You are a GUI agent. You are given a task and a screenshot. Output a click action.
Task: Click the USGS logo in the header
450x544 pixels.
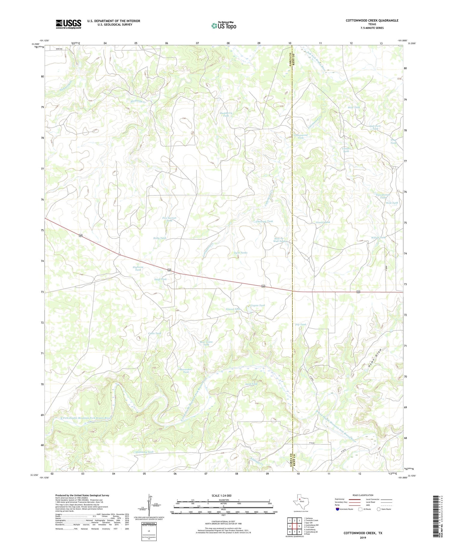pos(68,24)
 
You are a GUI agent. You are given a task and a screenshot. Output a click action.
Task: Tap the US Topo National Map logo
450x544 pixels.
pos(223,26)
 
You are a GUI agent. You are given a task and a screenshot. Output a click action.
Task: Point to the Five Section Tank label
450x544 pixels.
pos(169,219)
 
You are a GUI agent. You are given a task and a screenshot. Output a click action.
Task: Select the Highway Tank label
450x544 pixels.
pos(138,268)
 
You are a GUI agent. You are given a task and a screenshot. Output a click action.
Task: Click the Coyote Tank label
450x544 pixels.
pos(258,305)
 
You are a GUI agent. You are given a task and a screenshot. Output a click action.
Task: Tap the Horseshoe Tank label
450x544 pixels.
pos(186,370)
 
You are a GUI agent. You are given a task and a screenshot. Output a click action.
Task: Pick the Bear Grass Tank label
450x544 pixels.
pos(206,343)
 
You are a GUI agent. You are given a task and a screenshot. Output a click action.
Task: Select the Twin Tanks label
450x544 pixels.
pos(241,253)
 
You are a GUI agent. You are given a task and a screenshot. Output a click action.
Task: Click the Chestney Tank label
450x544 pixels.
pos(264,221)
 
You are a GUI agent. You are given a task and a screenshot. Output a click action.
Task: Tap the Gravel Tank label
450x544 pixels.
pos(323,222)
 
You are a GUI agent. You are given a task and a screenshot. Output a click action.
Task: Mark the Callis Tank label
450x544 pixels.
pos(155,333)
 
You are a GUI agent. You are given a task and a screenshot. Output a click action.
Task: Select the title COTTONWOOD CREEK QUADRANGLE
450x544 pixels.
pos(372,20)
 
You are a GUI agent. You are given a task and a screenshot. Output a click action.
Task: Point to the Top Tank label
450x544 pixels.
pos(301,324)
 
